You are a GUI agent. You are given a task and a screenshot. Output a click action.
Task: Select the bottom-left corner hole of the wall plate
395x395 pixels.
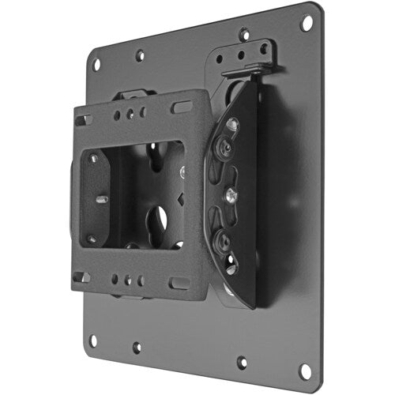click(x=93, y=340)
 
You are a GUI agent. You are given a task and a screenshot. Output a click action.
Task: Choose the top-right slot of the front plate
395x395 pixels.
click(x=182, y=105)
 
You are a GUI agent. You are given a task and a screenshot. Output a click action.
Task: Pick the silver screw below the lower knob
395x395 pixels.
click(x=230, y=268)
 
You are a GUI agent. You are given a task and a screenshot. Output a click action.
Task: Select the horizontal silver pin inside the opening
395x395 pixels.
click(x=102, y=199)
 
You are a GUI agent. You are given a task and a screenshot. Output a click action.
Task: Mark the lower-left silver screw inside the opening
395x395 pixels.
click(x=92, y=238)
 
